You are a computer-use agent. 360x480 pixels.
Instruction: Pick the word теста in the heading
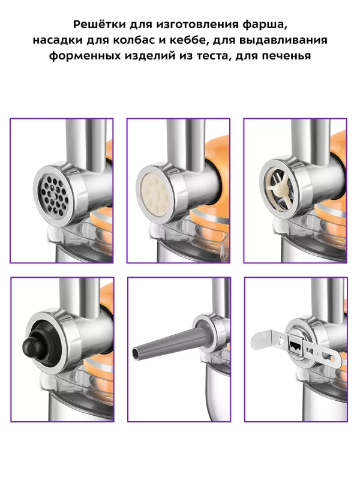click(211, 56)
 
